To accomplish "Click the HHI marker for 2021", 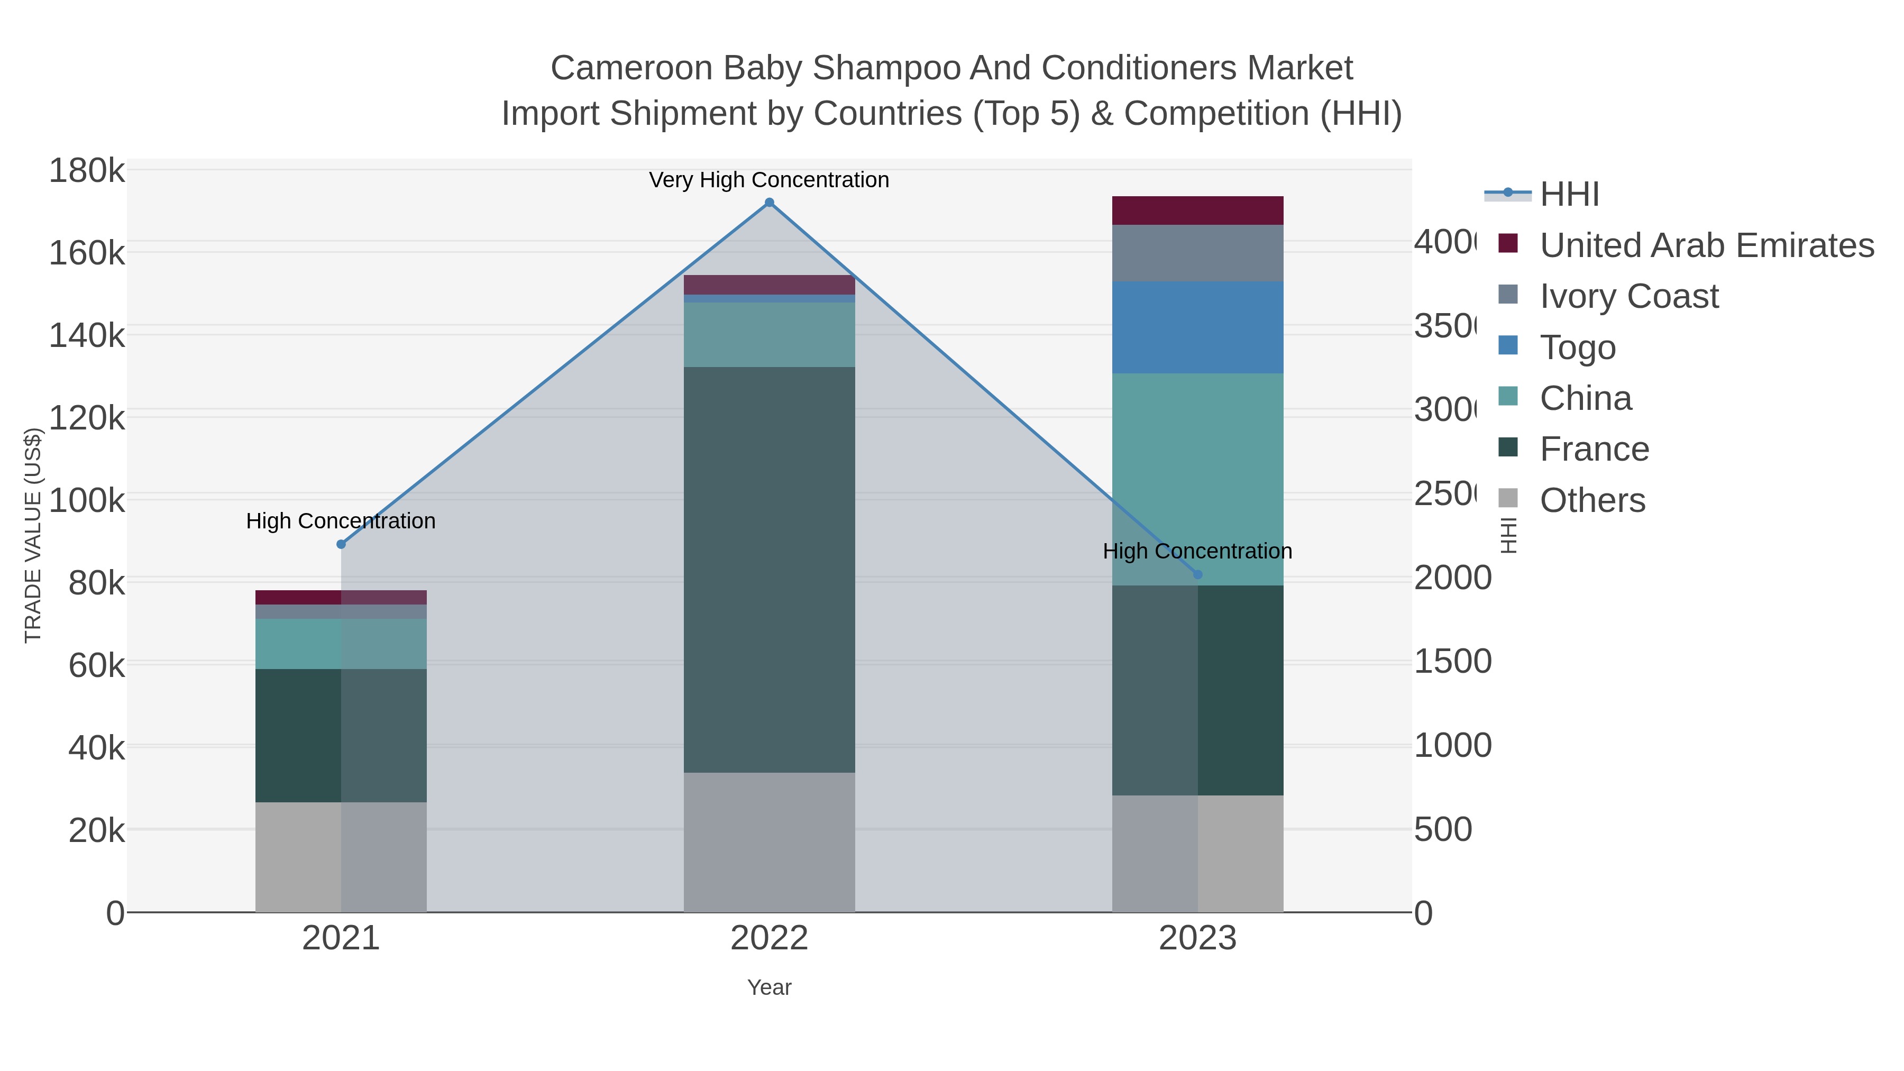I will [x=341, y=544].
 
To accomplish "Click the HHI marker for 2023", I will [x=1197, y=574].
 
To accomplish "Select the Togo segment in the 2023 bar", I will [x=1197, y=327].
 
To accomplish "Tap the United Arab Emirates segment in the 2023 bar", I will [x=1197, y=210].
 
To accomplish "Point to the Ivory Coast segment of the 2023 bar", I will [x=1197, y=253].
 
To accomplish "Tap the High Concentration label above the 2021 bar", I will [x=341, y=521].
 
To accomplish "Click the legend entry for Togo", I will [x=1577, y=347].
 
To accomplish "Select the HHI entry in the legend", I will [x=1569, y=195].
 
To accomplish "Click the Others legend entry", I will [x=1591, y=500].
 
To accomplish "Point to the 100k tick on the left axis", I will [x=87, y=500].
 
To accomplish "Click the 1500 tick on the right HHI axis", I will [x=1452, y=662].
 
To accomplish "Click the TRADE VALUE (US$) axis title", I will [x=33, y=535].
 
